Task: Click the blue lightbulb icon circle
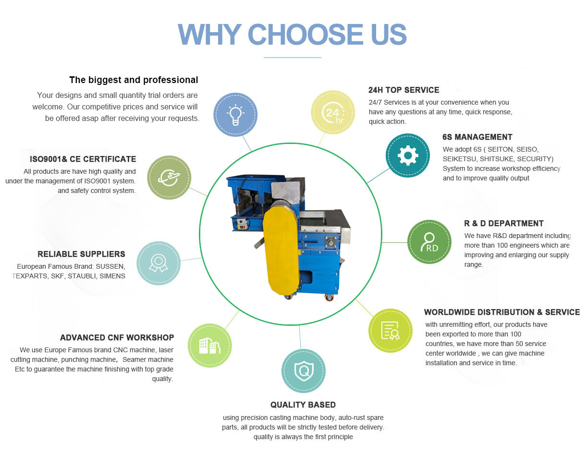tap(235, 115)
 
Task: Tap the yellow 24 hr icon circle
tap(333, 112)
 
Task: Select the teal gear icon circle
tap(407, 155)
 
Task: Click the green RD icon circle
tap(429, 242)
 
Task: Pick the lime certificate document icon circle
tap(390, 330)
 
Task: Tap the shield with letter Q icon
tap(304, 371)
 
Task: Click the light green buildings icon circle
tap(209, 345)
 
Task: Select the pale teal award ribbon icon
tap(159, 263)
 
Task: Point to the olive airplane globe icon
tap(169, 177)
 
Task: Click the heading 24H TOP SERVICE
tap(403, 90)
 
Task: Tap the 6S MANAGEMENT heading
tap(477, 137)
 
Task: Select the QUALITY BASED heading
tap(303, 405)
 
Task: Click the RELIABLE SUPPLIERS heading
tap(81, 254)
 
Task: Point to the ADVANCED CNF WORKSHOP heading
tap(117, 337)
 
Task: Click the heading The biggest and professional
tap(134, 80)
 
